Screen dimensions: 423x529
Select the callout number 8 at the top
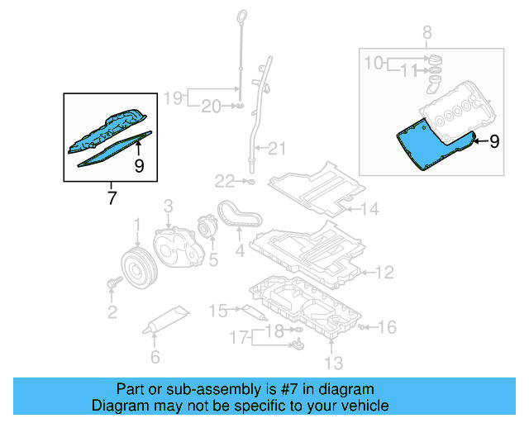pos(427,33)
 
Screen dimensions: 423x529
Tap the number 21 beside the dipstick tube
pos(276,150)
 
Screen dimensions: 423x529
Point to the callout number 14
pos(369,209)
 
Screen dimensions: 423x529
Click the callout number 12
pos(385,272)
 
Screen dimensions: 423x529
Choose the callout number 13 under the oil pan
pos(332,362)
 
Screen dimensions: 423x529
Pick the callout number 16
pos(387,327)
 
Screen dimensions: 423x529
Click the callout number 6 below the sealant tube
pos(155,358)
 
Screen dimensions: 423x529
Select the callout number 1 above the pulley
pos(138,225)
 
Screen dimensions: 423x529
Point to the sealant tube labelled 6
pos(168,321)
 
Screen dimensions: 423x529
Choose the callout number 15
pos(217,311)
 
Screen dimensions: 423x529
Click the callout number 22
pos(226,180)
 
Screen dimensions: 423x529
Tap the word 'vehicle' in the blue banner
pos(363,406)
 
